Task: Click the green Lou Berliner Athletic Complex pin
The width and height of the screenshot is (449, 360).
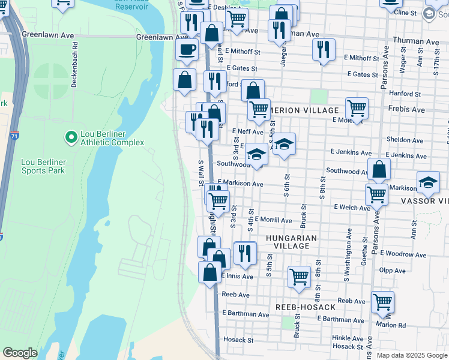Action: coord(71,137)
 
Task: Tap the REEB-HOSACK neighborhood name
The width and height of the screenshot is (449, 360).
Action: coord(306,307)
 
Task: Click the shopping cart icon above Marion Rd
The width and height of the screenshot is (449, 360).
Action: coord(382,301)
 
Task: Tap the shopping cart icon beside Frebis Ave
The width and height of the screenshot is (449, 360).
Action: coord(357,108)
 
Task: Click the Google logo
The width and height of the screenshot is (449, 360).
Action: coord(20,353)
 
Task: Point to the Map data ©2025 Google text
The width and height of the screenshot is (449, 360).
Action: coord(411,355)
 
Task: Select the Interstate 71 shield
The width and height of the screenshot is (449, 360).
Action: coord(14,136)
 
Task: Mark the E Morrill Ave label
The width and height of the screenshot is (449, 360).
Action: coord(273,220)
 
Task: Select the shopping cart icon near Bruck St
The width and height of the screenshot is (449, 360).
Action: coord(299,276)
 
